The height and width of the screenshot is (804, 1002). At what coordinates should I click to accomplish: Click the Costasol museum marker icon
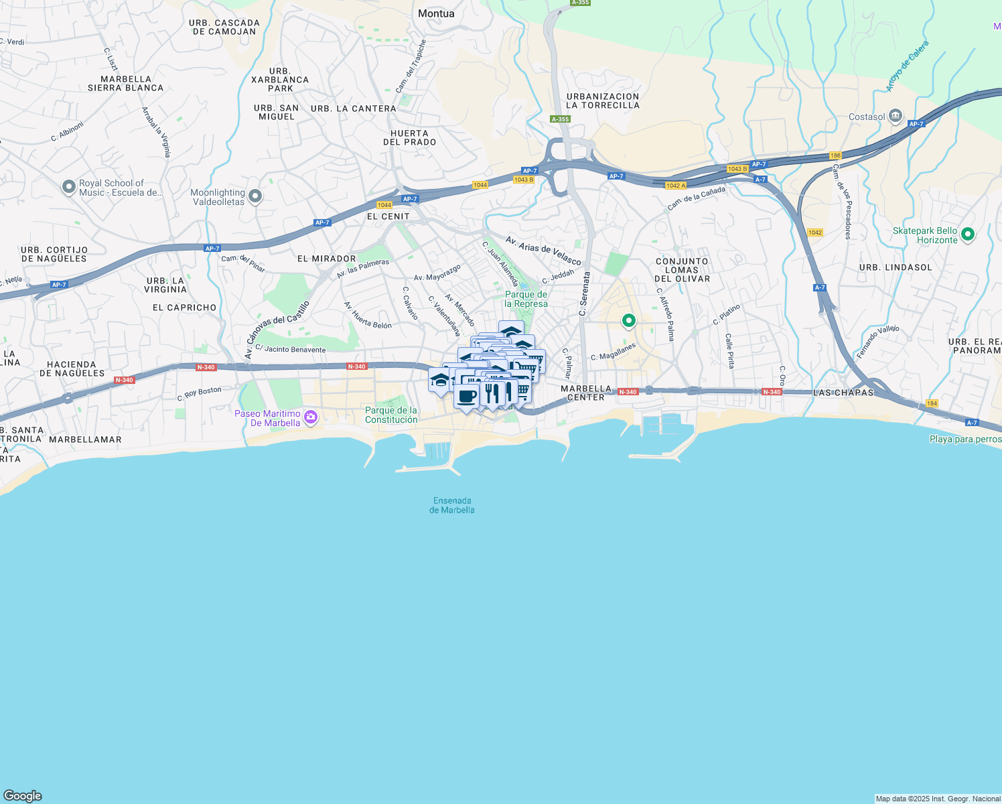(896, 117)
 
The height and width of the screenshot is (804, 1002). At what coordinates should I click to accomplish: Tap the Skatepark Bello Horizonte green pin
(967, 234)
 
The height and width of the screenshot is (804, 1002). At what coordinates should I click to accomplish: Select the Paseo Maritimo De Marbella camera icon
(310, 417)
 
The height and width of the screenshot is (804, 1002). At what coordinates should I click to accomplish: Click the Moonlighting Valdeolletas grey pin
(255, 196)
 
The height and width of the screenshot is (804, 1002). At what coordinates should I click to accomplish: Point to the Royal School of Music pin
(68, 187)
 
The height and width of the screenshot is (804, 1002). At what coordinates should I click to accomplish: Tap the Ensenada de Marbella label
(452, 505)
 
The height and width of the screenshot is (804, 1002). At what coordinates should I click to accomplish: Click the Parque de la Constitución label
(391, 415)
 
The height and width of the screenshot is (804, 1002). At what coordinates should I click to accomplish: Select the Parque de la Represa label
(526, 299)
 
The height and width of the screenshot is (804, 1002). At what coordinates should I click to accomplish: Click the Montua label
(436, 13)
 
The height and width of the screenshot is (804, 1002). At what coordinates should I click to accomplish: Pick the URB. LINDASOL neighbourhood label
(896, 267)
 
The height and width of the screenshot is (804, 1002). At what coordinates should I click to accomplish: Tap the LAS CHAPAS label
(843, 393)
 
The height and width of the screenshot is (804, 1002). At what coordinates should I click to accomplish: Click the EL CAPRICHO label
(185, 308)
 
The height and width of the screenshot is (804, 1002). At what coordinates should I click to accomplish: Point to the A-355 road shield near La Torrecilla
(560, 119)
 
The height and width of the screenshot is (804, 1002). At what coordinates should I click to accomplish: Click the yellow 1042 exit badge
(814, 232)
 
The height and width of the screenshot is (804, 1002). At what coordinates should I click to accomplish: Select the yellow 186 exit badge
(835, 155)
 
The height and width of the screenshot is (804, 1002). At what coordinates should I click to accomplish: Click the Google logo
(23, 795)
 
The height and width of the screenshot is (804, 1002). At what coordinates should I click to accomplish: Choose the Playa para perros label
(965, 440)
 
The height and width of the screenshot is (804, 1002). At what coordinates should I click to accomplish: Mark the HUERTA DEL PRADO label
(409, 138)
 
